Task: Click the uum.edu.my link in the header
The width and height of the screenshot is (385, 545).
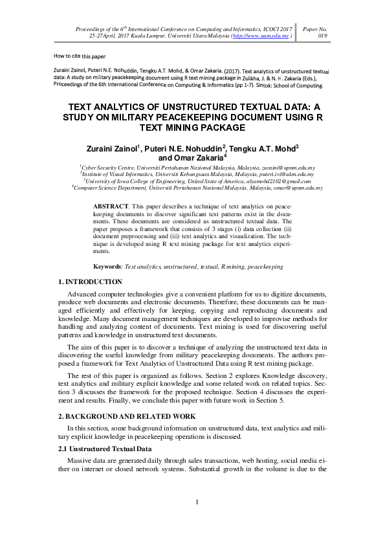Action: [x=263, y=37]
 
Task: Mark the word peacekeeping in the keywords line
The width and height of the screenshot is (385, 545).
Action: [x=265, y=266]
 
